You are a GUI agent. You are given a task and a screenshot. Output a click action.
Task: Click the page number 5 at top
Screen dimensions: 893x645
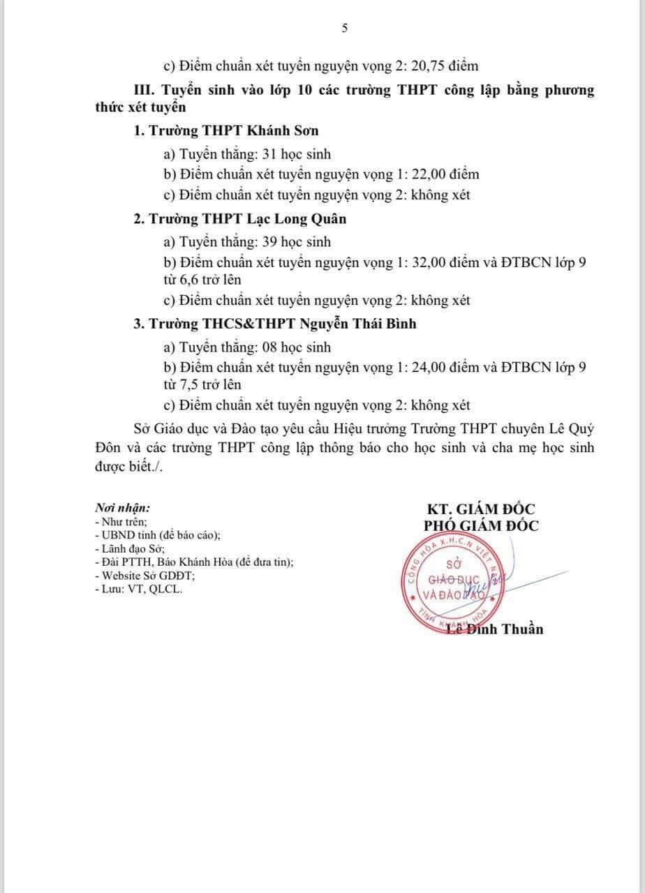[344, 29]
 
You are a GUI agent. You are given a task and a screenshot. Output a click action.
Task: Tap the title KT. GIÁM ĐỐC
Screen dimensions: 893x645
[481, 510]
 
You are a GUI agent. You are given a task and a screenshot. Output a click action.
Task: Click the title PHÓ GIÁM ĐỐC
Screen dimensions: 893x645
[481, 526]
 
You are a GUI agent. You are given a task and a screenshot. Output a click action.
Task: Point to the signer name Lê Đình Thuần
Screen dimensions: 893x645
[494, 629]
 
